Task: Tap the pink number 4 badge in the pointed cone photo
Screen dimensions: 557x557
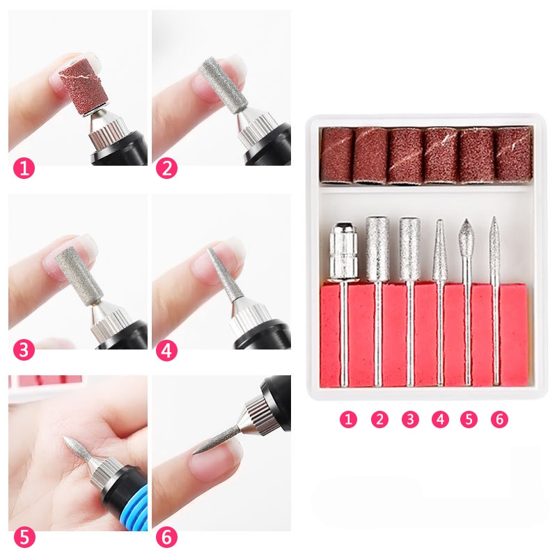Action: pos(166,350)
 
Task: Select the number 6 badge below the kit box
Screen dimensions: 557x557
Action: pos(498,419)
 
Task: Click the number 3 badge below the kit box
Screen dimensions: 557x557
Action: pos(410,419)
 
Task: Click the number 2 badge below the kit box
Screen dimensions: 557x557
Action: pos(379,419)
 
